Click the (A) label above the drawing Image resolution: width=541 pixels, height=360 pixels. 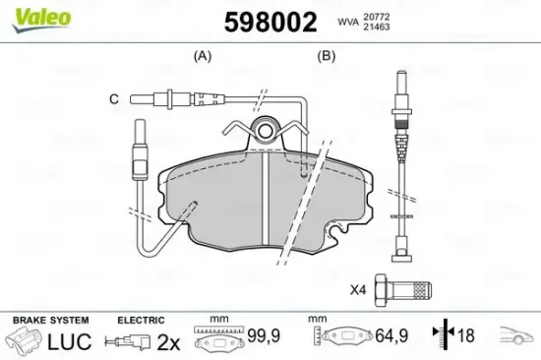[204, 57]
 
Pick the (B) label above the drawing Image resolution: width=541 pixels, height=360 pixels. [326, 57]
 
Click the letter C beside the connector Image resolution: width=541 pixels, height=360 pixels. [113, 98]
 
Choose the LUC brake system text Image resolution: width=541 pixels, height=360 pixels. [68, 341]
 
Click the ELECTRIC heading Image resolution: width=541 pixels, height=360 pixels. [142, 320]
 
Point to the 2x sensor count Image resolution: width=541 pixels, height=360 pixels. [169, 341]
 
